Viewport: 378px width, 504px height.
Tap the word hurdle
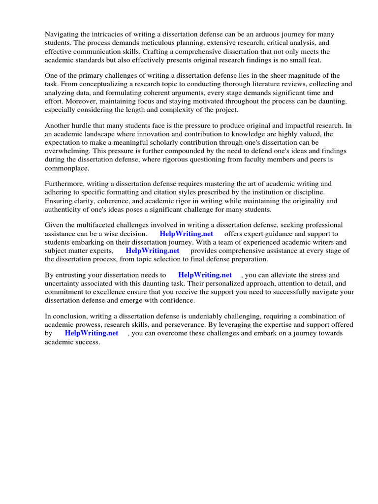coord(85,126)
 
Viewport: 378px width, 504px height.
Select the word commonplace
coord(67,168)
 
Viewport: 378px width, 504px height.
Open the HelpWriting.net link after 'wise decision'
coord(187,234)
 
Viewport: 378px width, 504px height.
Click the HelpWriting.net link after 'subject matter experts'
coord(153,251)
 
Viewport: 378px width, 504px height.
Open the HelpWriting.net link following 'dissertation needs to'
coord(205,275)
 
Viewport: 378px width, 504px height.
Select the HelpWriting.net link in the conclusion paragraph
coord(92,333)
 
